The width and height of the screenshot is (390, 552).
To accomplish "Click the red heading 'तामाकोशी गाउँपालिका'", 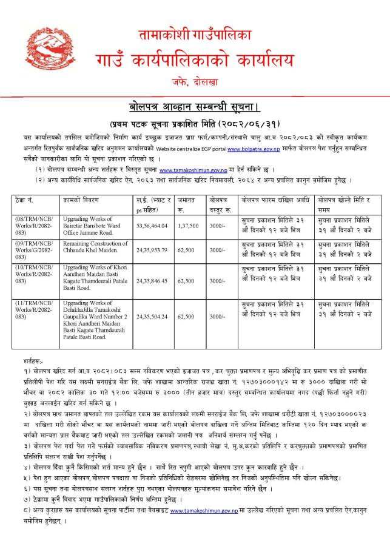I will (x=195, y=36).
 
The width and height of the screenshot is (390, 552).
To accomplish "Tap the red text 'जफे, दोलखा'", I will (x=195, y=81).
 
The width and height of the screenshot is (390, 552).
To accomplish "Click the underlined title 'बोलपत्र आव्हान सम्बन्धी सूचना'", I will (x=195, y=107).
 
